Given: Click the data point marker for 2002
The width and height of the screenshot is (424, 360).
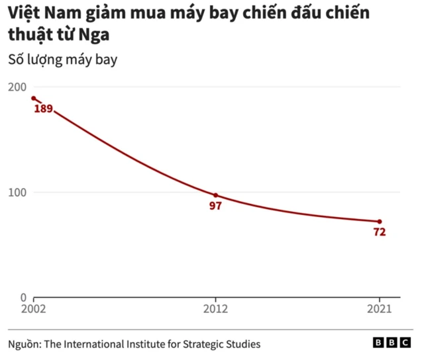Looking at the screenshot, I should (33, 99).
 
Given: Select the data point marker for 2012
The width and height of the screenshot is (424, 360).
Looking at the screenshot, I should (215, 195).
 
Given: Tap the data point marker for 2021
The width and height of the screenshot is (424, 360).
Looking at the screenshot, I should (380, 221).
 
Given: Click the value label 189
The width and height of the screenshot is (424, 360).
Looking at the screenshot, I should (43, 109).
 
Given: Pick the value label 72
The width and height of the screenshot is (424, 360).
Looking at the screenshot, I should (379, 232).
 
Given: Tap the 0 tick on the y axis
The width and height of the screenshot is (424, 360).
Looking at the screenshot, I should (23, 298).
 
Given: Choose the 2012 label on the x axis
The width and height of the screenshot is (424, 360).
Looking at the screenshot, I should (215, 308).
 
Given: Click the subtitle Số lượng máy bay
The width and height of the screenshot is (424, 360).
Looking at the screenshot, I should (62, 60).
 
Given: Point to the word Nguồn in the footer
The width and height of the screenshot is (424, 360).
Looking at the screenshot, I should (23, 344).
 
